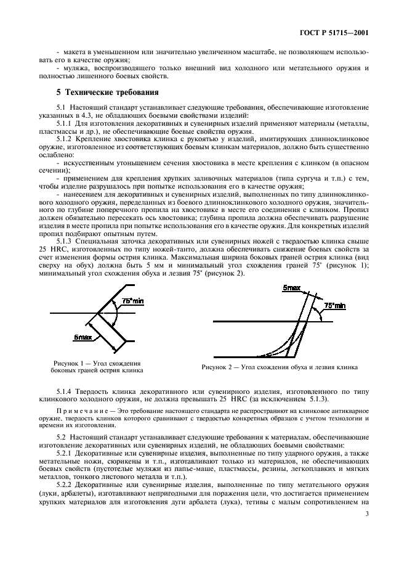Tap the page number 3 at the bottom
point(368,549)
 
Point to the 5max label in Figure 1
point(82,337)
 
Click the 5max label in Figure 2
point(291,288)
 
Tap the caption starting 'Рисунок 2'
point(279,367)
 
